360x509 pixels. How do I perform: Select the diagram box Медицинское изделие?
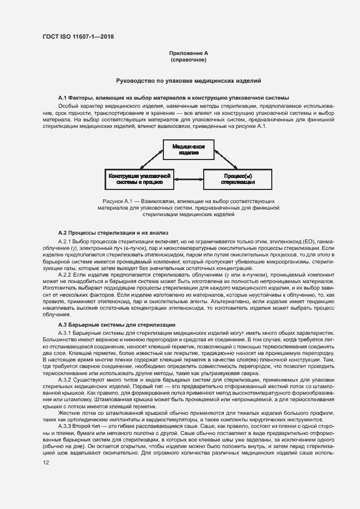188,150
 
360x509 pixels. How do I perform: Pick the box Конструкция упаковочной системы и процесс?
140,179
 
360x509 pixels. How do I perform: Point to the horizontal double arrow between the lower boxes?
188,179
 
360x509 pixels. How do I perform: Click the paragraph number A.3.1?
65,332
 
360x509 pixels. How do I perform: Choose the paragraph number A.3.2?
65,381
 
